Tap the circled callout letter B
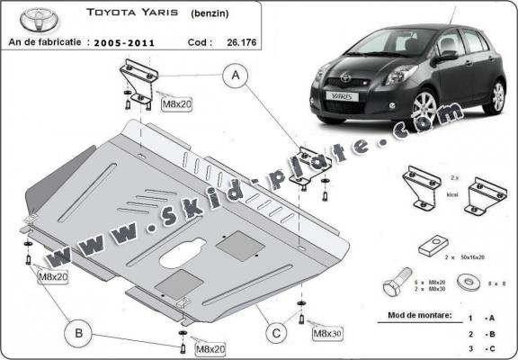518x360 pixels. pyautogui.click(x=80, y=335)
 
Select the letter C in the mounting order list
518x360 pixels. pyautogui.click(x=491, y=348)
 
